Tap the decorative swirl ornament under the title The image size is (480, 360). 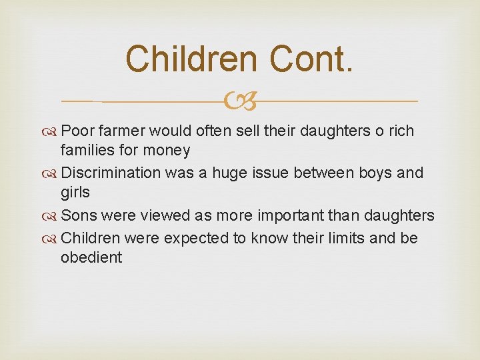pyautogui.click(x=241, y=102)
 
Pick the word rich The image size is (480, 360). pyautogui.click(x=399, y=131)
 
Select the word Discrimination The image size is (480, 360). pyautogui.click(x=111, y=173)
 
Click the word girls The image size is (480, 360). pyautogui.click(x=75, y=192)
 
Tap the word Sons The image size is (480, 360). pyautogui.click(x=79, y=215)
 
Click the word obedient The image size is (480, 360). pyautogui.click(x=91, y=257)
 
